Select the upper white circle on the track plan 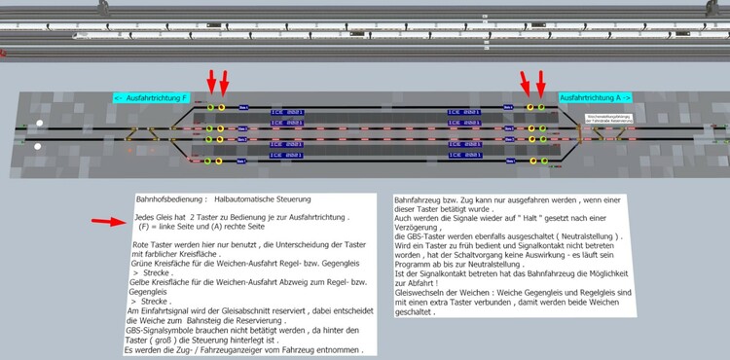(40, 123)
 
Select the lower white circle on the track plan (37, 147)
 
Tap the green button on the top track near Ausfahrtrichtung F (209, 107)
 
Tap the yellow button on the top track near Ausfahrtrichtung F (222, 107)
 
